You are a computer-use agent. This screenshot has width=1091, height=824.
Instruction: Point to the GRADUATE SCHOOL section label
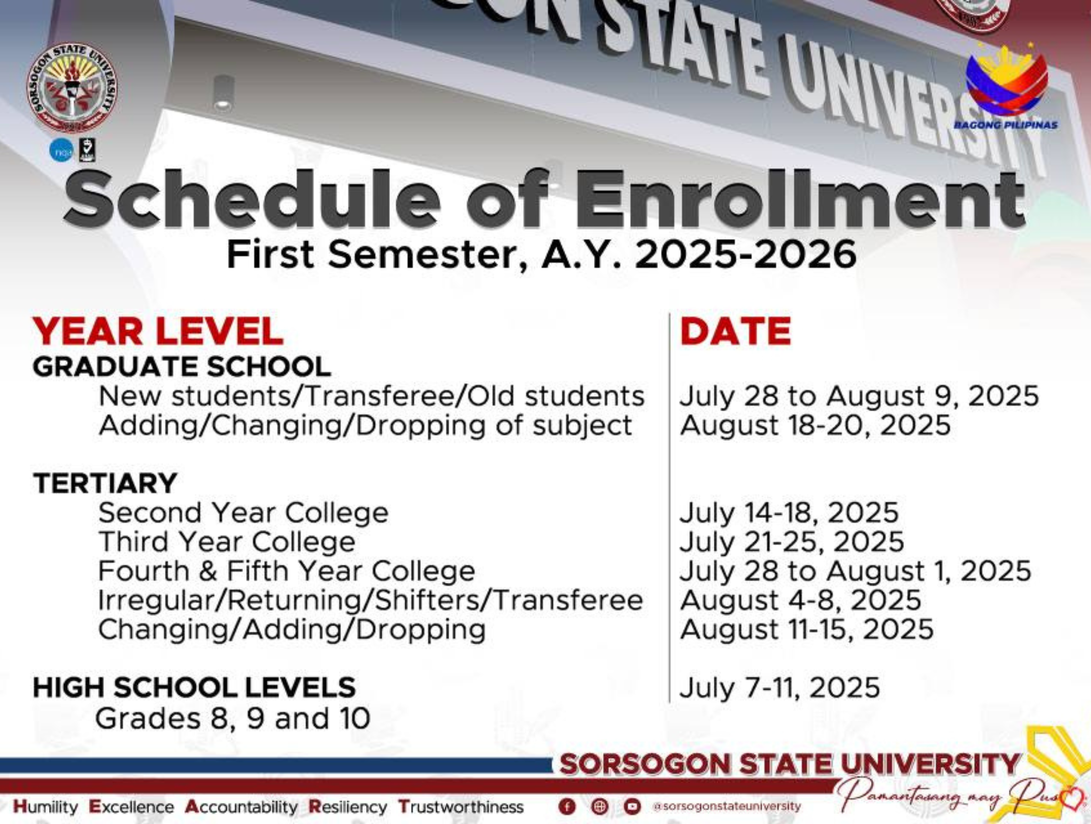[182, 367]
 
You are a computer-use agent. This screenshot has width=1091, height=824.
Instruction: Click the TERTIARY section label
[105, 483]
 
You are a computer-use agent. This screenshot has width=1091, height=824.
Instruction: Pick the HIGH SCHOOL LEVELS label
[194, 687]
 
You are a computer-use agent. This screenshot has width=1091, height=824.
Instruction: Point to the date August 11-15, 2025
[807, 629]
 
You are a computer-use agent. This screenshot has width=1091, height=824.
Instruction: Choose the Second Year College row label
[243, 513]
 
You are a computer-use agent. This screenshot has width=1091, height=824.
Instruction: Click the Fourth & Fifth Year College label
[287, 571]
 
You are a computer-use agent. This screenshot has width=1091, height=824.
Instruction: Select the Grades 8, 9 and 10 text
[233, 719]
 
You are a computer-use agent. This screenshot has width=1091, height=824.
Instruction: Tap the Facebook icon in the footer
[567, 807]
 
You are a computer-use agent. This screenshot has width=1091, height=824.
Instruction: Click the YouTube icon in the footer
[632, 807]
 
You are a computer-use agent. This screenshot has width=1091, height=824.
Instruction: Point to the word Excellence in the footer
[132, 807]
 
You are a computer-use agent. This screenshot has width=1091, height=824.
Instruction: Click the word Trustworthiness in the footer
[461, 807]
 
